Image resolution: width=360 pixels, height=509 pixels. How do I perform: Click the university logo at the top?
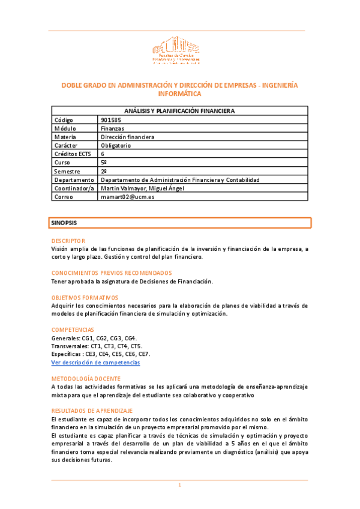tap(176, 50)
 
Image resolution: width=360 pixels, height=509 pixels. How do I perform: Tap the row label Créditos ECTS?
tap(71, 154)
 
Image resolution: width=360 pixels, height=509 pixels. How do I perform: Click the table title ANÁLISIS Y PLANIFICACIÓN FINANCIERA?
tap(179, 111)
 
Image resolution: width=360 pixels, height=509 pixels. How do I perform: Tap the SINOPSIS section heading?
tap(64, 223)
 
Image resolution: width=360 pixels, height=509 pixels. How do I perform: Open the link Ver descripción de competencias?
tap(95, 363)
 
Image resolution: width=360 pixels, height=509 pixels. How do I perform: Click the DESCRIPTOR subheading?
tap(68, 241)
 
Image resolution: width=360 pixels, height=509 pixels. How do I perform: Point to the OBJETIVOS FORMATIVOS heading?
tap(85, 298)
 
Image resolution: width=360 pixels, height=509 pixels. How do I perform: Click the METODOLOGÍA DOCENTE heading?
tap(86, 379)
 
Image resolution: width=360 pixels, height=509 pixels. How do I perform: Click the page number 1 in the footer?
tap(179, 485)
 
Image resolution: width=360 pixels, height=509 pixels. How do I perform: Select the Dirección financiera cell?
tap(128, 137)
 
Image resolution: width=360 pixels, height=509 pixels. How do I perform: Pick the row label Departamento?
tap(74, 179)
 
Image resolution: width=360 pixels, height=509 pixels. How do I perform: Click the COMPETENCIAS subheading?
tap(73, 330)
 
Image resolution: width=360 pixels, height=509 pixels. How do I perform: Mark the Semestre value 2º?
tap(104, 171)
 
